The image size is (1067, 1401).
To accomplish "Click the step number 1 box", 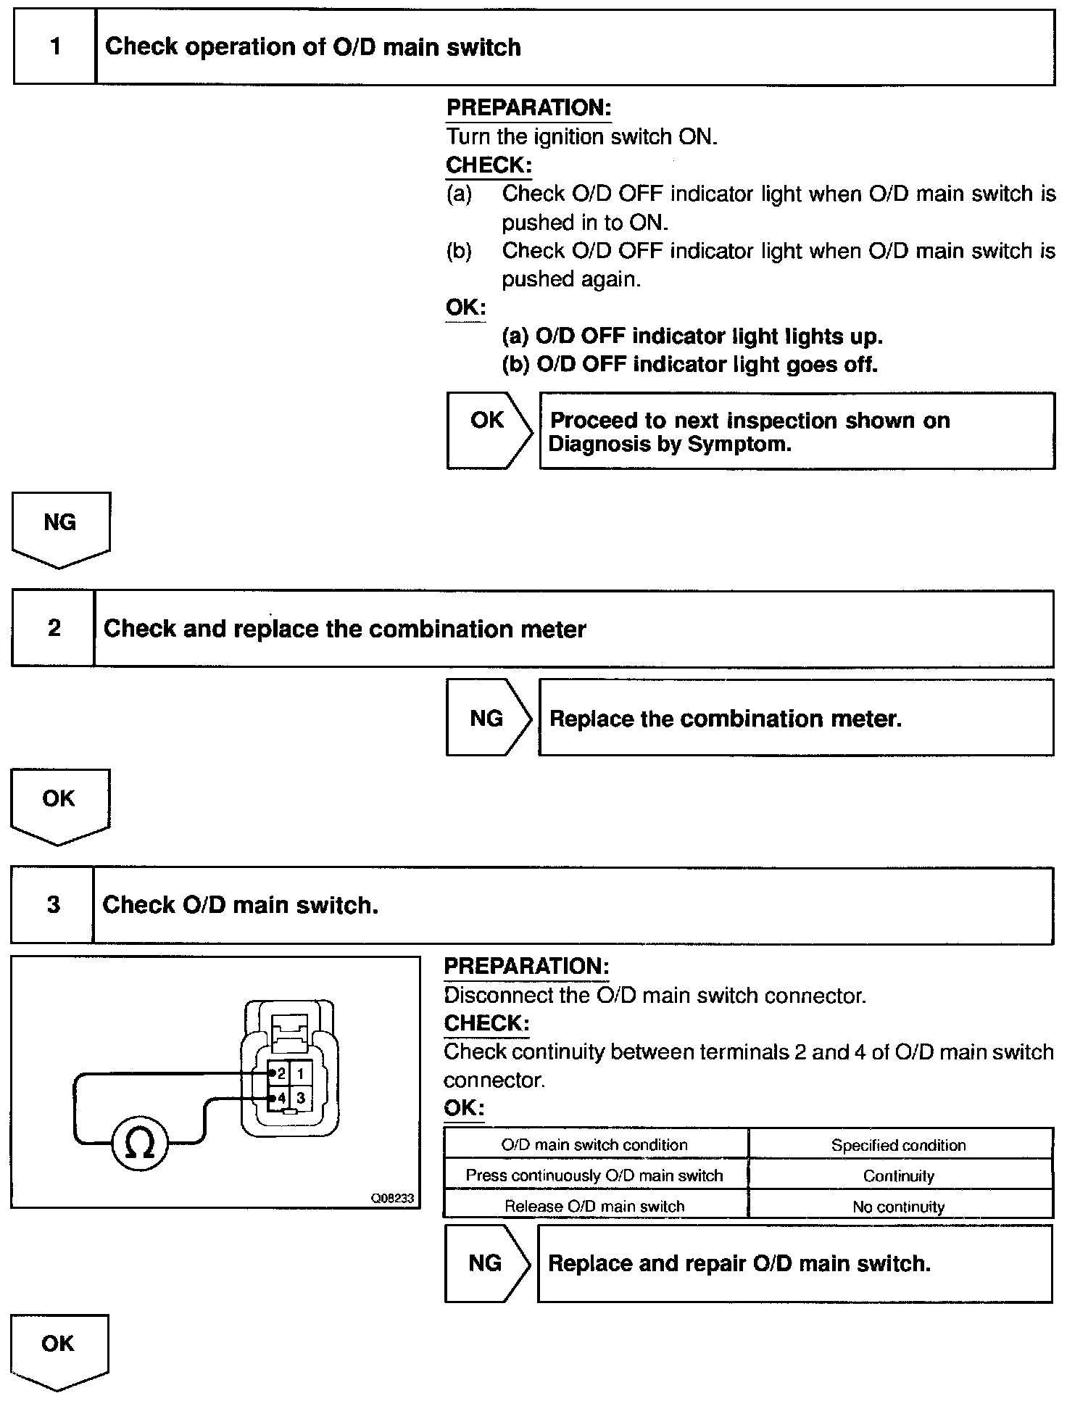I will click(x=55, y=47).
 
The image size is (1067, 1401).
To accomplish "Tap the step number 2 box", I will click(x=54, y=628).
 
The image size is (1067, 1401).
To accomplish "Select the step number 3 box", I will click(x=53, y=905).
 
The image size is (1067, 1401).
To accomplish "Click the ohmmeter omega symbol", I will click(x=139, y=1145).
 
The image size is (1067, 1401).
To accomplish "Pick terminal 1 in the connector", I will click(x=301, y=1073).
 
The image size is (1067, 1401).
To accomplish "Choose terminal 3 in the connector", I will click(x=301, y=1098).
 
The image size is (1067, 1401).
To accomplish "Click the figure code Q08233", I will click(x=392, y=1199).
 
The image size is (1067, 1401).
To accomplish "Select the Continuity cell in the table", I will click(x=899, y=1175).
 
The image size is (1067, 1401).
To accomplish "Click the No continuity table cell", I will click(x=899, y=1207).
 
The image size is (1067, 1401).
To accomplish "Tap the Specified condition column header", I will click(x=899, y=1145).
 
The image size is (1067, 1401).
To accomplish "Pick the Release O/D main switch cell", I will click(x=594, y=1207).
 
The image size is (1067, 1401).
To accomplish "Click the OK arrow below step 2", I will click(x=59, y=804).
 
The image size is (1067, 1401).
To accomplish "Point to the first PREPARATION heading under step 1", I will click(x=528, y=108).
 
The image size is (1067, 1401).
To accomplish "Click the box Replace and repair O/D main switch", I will click(x=794, y=1264).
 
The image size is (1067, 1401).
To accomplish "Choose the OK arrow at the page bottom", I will click(x=58, y=1349).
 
